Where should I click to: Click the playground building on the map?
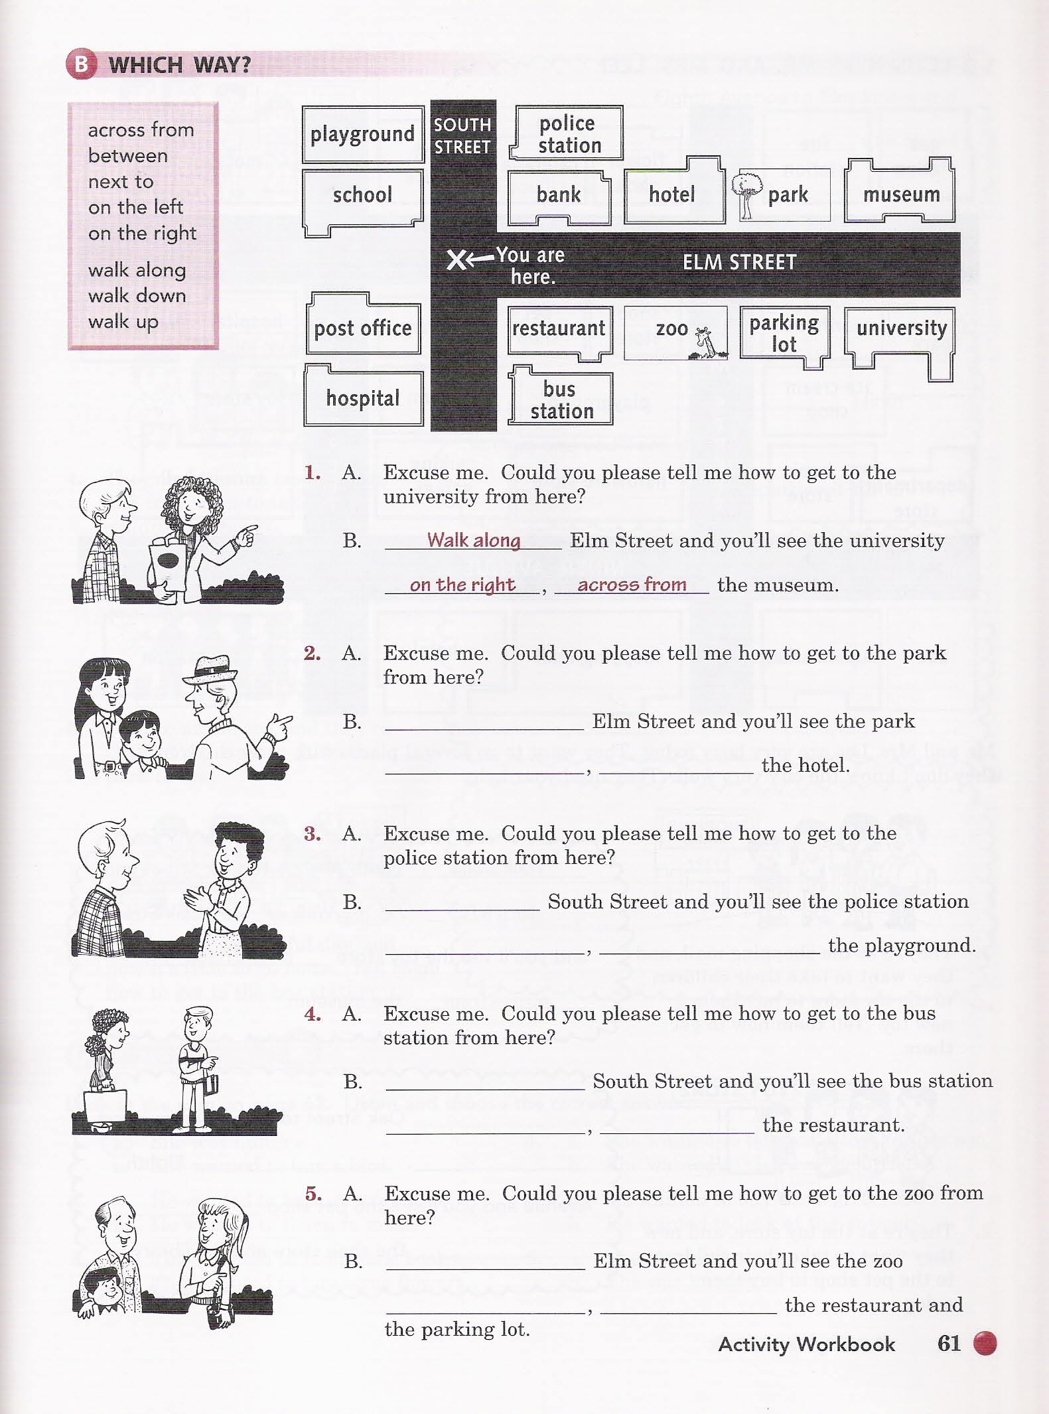363,135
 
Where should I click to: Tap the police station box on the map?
567,133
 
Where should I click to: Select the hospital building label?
363,398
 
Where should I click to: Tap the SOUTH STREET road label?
462,136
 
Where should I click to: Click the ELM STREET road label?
739,262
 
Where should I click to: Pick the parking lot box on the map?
785,336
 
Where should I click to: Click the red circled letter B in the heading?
82,64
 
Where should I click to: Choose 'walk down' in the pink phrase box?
137,295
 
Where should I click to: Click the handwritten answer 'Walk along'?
473,540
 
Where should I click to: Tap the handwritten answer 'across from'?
632,584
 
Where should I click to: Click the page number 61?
949,1343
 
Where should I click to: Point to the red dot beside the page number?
985,1343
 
